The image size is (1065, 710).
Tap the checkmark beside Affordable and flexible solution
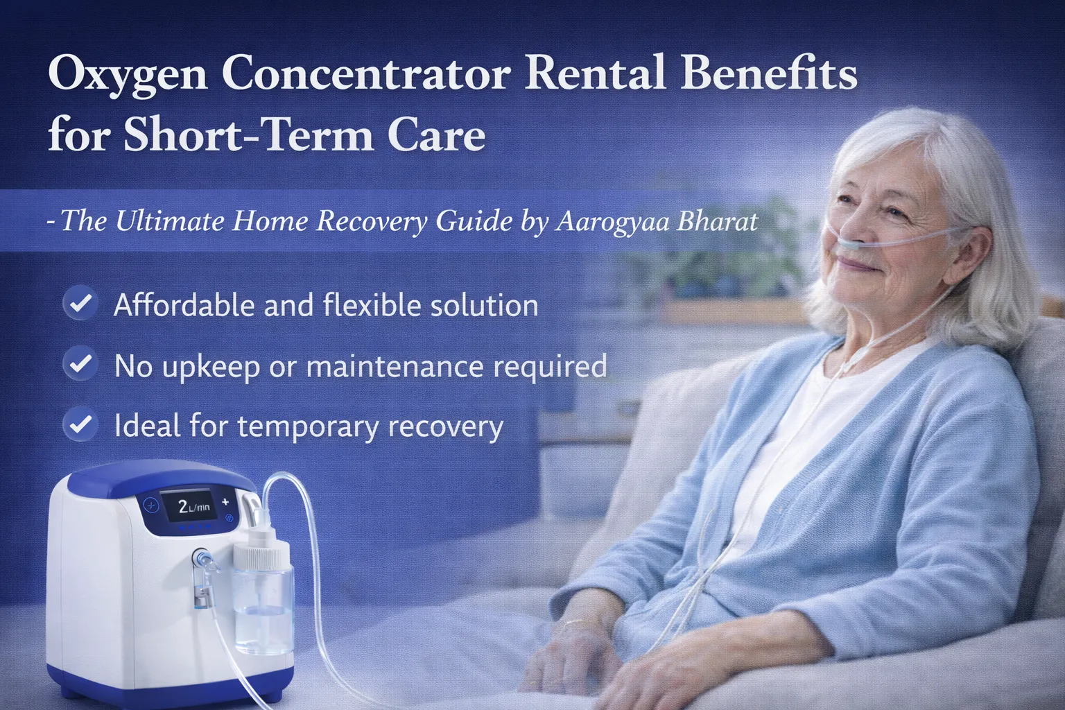click(x=80, y=304)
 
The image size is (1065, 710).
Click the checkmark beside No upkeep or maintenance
click(x=80, y=364)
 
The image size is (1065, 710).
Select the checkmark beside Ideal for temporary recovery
click(x=80, y=424)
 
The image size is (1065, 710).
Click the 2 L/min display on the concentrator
click(x=193, y=507)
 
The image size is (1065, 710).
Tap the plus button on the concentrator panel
click(x=225, y=502)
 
